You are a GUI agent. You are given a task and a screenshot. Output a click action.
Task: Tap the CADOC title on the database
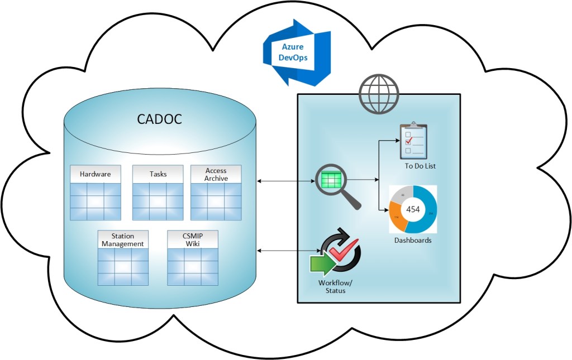coord(160,119)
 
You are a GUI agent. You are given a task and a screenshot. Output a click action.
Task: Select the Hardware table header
coord(95,174)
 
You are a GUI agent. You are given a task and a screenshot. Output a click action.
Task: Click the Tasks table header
coord(158,174)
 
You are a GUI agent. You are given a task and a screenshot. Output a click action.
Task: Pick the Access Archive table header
coord(216,174)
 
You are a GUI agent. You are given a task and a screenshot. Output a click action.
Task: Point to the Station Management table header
coord(123,240)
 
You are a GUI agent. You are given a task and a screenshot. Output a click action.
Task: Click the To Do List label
coord(420,166)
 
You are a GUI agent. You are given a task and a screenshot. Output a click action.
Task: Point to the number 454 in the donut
coord(413,209)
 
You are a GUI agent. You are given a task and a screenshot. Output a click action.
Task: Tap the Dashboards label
coord(413,241)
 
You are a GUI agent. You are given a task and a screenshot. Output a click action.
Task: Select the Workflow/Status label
coord(332,286)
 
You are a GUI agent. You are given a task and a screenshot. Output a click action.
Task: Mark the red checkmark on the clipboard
coord(408,142)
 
